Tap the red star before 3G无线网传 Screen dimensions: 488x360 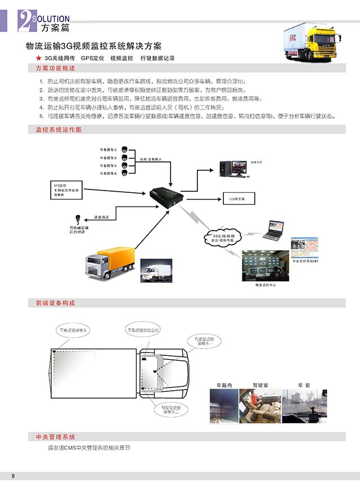point(38,58)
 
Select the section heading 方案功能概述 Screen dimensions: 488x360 point(55,68)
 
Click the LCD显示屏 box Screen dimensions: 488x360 point(237,198)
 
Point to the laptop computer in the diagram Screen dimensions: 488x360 point(274,230)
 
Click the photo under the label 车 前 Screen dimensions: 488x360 point(303,405)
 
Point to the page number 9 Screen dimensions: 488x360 point(12,477)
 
